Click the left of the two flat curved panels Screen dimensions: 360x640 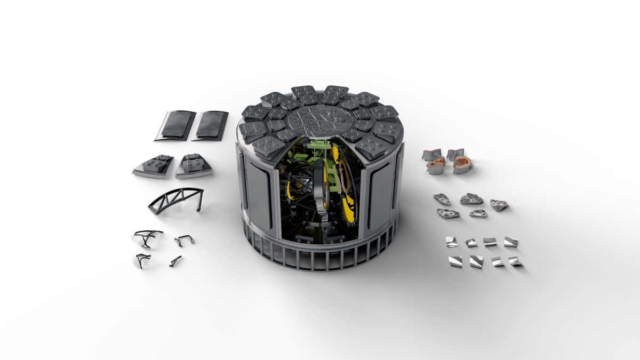(175, 125)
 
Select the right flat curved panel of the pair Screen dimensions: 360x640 (210, 125)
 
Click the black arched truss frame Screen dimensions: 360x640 (176, 199)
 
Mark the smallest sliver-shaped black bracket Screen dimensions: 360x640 (175, 261)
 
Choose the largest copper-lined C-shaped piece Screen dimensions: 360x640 (462, 165)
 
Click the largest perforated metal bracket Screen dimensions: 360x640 (471, 199)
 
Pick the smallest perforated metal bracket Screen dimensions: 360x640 (478, 213)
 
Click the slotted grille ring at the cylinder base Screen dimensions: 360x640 (320, 256)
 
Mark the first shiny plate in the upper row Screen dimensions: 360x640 (452, 242)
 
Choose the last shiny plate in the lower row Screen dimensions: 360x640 (515, 261)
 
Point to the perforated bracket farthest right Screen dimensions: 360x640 (499, 205)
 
